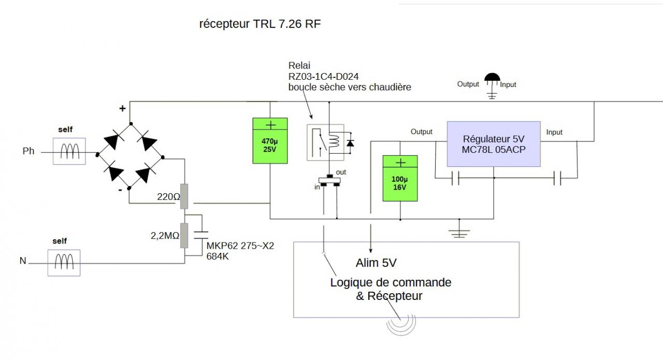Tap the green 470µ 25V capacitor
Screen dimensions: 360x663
pyautogui.click(x=270, y=141)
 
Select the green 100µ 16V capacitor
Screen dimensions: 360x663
pyautogui.click(x=400, y=178)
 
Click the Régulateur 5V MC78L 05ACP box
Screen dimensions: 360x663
pyautogui.click(x=494, y=143)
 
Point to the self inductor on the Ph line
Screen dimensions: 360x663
pyautogui.click(x=69, y=151)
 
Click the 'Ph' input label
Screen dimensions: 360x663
pyautogui.click(x=28, y=151)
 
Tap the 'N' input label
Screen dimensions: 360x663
pyautogui.click(x=23, y=261)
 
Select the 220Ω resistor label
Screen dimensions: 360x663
pyautogui.click(x=168, y=197)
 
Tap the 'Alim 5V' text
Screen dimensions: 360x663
pyautogui.click(x=376, y=263)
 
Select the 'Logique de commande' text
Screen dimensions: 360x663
pyautogui.click(x=391, y=283)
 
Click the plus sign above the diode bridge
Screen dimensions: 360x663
pyautogui.click(x=123, y=109)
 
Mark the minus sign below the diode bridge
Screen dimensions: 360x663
pyautogui.click(x=120, y=190)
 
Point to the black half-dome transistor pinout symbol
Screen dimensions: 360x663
pyautogui.click(x=492, y=78)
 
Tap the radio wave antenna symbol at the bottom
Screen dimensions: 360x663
pyautogui.click(x=401, y=323)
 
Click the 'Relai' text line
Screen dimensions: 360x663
pyautogui.click(x=298, y=66)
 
